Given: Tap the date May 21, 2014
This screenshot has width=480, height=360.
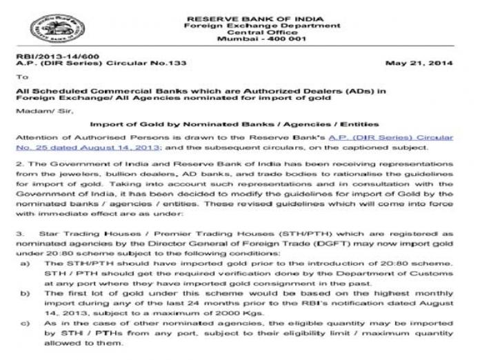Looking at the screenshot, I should coord(421,63).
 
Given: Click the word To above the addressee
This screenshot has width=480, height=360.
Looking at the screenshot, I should coord(23,77).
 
